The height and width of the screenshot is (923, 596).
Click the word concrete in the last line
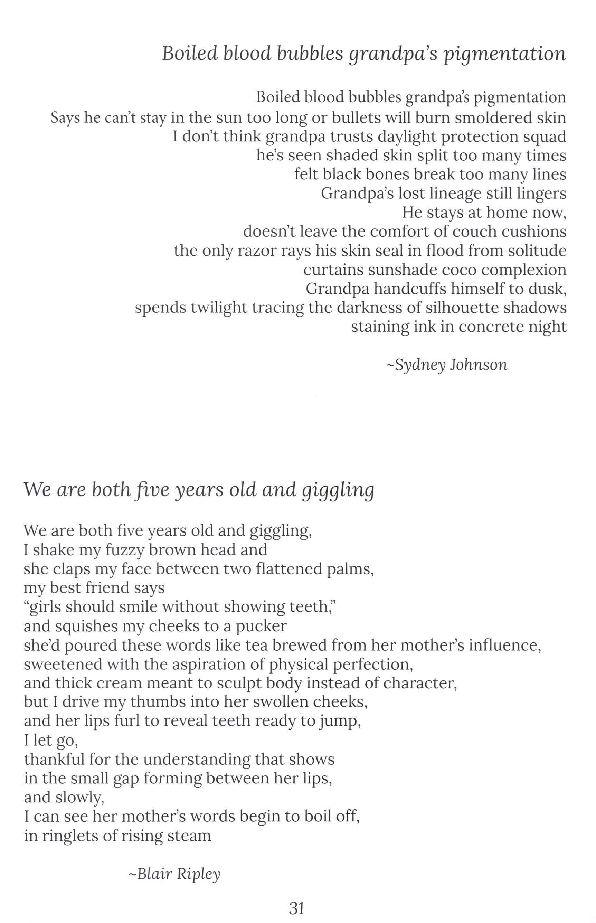491,327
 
